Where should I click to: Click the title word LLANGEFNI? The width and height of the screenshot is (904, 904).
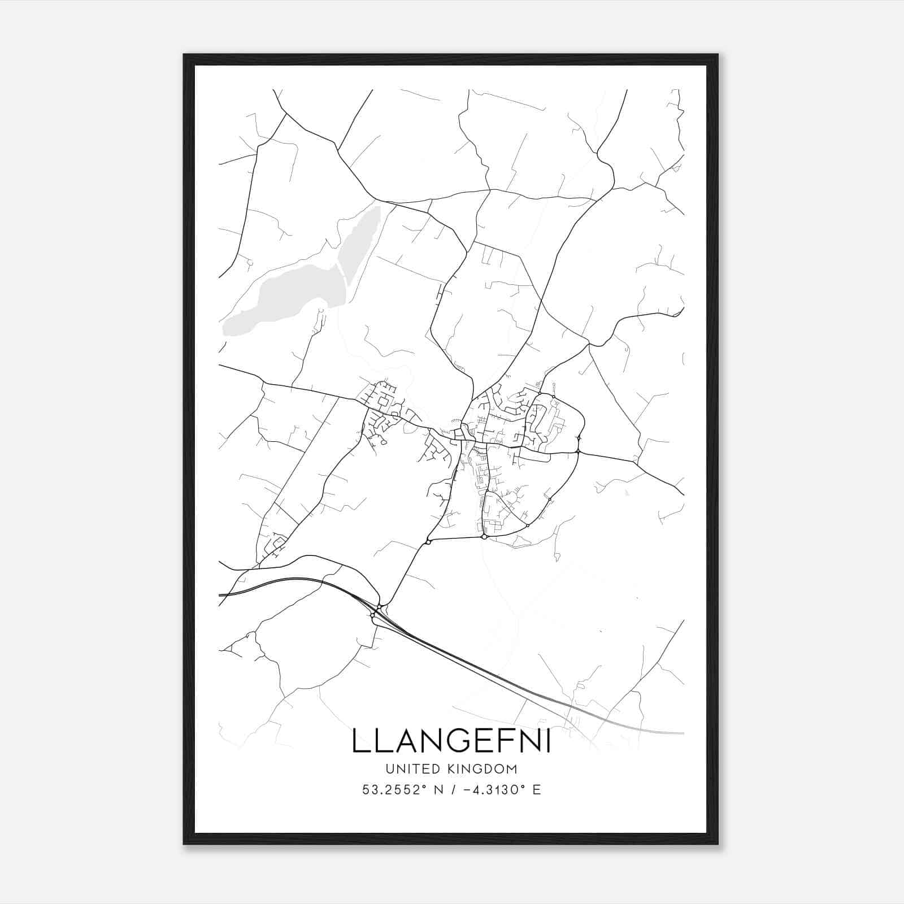point(451,741)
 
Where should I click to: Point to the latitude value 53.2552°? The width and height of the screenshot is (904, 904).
point(393,790)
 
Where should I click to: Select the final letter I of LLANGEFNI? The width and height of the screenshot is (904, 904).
point(548,741)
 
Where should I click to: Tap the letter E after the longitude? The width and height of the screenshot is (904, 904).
point(537,790)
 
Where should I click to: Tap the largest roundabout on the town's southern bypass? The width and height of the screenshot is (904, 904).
point(484,537)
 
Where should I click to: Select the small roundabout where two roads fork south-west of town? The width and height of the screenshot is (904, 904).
point(428,542)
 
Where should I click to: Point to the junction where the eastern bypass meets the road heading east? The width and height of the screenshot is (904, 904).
point(579,451)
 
